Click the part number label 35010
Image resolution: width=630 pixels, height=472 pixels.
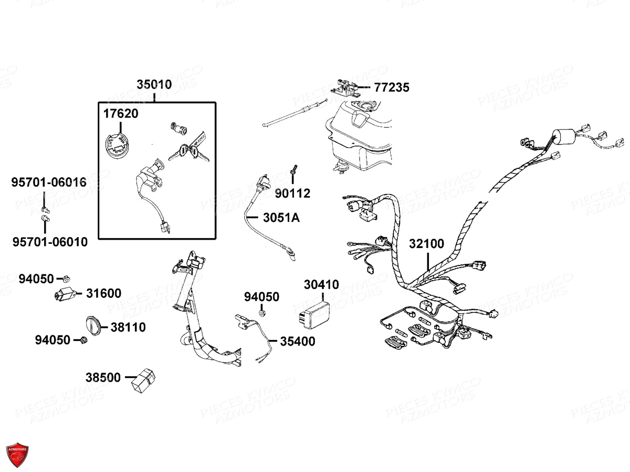pyautogui.click(x=154, y=84)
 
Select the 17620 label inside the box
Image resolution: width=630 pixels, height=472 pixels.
pyautogui.click(x=121, y=113)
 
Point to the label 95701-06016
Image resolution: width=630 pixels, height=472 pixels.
pyautogui.click(x=49, y=183)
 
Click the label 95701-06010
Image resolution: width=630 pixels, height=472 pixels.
pyautogui.click(x=50, y=242)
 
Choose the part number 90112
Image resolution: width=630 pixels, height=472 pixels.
pyautogui.click(x=293, y=194)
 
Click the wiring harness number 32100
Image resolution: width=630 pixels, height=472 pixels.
pyautogui.click(x=426, y=244)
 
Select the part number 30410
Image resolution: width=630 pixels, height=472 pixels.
pyautogui.click(x=321, y=285)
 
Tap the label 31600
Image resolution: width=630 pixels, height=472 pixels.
pyautogui.click(x=103, y=294)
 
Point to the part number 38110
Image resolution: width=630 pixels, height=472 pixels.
pyautogui.click(x=128, y=327)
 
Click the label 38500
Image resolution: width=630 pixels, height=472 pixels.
pyautogui.click(x=103, y=377)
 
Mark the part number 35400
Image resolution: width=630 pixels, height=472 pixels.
pyautogui.click(x=297, y=341)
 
